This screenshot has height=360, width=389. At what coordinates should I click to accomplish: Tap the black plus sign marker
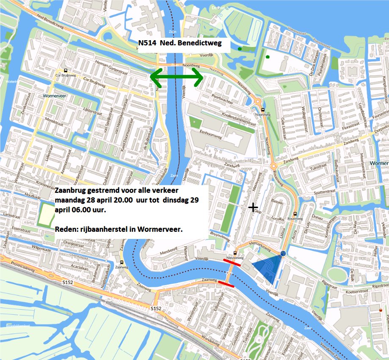(x=253, y=207)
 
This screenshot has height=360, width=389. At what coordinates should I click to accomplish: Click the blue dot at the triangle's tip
(x=283, y=253)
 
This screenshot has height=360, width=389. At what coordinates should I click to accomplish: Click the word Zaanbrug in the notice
(x=72, y=190)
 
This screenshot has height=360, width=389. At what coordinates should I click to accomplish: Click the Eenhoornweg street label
(x=213, y=132)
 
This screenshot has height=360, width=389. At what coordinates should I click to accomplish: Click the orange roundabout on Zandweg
(x=273, y=166)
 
